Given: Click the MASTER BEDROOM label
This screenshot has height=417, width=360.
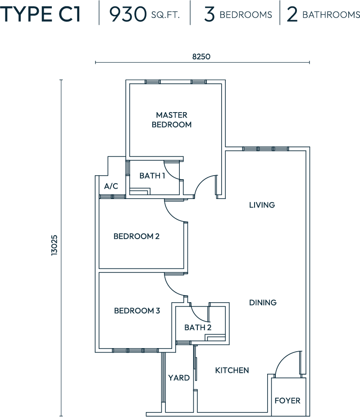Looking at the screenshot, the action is click(x=172, y=120).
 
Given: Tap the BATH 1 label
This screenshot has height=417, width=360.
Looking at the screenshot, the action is click(x=152, y=176).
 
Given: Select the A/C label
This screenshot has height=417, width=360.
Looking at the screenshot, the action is click(x=111, y=186).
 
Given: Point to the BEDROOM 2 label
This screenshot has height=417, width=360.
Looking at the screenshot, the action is click(x=137, y=236).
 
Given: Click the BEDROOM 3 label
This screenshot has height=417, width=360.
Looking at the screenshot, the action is click(x=137, y=311).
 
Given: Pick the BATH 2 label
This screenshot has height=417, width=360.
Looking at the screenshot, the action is click(x=198, y=327).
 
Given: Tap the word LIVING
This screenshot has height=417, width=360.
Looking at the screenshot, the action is click(x=262, y=205).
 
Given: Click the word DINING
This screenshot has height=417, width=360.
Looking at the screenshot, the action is click(x=263, y=302).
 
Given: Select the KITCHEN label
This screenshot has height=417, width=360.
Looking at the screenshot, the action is click(x=232, y=370).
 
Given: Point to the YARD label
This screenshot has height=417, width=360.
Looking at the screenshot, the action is click(x=179, y=378).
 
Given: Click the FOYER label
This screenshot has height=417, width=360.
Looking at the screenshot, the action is click(x=287, y=400).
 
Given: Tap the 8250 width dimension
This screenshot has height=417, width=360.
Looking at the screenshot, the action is click(x=201, y=56).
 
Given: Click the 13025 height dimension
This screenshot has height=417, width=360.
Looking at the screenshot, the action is click(x=54, y=245).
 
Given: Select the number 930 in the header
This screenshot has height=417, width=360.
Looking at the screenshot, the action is click(x=128, y=14).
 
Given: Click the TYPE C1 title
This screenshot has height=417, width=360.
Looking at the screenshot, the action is click(x=41, y=14).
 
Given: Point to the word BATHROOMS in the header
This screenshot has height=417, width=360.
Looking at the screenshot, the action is click(x=331, y=14).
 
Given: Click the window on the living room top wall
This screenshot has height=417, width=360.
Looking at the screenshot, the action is click(x=265, y=149).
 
